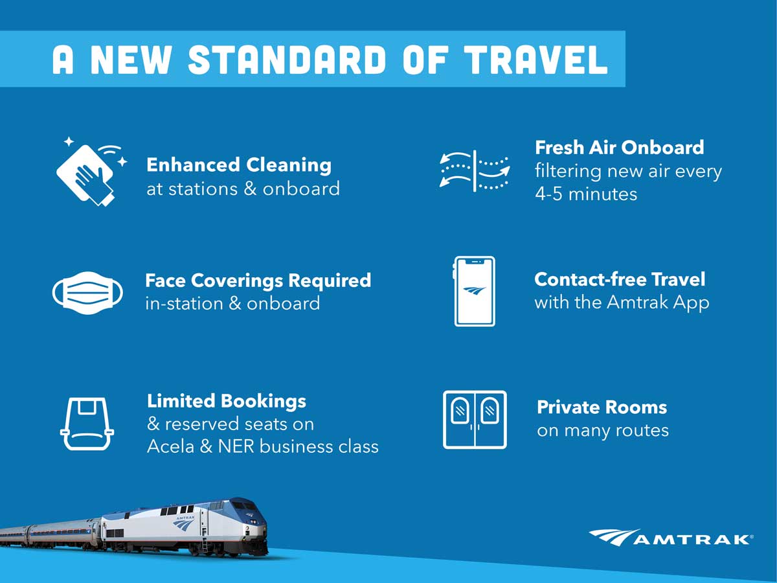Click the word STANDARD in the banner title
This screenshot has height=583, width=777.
coord(287,60)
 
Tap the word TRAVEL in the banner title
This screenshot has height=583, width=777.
coord(536,60)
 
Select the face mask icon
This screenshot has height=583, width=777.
coord(87,293)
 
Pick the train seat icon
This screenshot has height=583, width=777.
coord(87,424)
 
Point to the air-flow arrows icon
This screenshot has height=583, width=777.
coord(475,171)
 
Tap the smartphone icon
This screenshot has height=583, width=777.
coord(475,291)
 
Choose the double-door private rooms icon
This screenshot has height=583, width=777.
coord(475,420)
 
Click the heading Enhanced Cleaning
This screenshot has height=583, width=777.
coord(239,165)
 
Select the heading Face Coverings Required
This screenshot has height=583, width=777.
coord(258,280)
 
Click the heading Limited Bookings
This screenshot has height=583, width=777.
coord(227,401)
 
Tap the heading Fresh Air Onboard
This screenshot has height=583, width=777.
coord(620,147)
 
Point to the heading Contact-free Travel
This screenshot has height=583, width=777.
coord(620,279)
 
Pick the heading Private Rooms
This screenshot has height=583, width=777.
coord(602,407)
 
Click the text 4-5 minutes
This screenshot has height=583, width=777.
coord(586,194)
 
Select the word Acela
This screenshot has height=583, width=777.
coord(171,446)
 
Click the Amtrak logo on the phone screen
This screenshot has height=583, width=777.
coord(475,291)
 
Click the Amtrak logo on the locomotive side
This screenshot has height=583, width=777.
coord(185,523)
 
